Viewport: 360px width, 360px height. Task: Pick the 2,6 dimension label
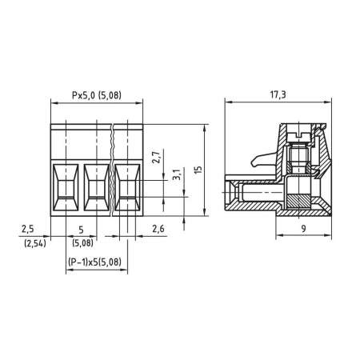coord(160,230)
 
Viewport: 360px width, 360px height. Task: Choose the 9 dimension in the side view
coord(304,230)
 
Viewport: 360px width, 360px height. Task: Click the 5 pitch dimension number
coord(82,230)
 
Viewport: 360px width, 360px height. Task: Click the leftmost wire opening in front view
coord(65,188)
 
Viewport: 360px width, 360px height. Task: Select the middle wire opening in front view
coord(96,188)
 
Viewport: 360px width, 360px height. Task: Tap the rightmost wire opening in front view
coord(127,188)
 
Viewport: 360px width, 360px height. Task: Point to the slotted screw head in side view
coord(297,130)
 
